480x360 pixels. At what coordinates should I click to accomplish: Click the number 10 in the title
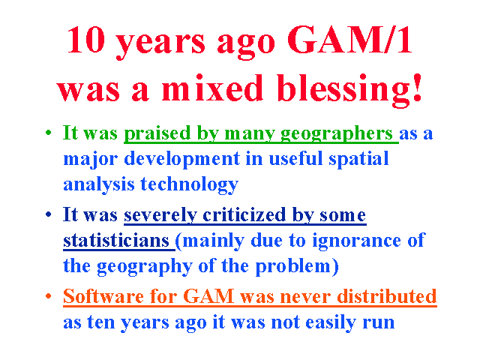(86, 40)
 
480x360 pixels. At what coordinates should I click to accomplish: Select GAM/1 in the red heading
(349, 40)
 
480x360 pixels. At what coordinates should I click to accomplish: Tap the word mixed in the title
(212, 88)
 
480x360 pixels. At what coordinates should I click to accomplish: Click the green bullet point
(48, 133)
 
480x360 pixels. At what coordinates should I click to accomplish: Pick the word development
(182, 159)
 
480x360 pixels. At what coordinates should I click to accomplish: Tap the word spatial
(358, 159)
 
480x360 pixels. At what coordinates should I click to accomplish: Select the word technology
(190, 185)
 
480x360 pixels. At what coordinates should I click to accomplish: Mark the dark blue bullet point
(48, 214)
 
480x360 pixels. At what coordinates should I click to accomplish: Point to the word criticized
(244, 214)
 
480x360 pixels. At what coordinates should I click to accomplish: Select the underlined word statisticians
(116, 240)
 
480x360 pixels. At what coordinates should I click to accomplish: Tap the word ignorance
(356, 241)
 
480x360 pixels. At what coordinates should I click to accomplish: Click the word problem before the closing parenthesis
(293, 266)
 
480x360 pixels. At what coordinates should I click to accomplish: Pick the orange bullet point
(48, 296)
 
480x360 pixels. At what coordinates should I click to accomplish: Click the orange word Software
(103, 296)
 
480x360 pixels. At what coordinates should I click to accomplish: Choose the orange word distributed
(387, 296)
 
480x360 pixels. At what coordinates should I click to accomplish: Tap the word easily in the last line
(331, 322)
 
